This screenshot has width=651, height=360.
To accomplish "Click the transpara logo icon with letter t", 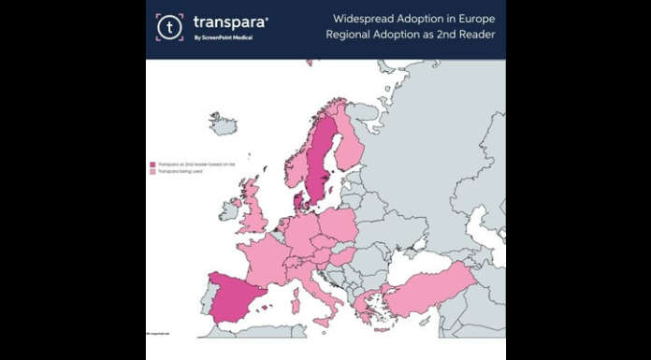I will click(169, 27).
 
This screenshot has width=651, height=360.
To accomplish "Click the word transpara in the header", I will click(228, 22).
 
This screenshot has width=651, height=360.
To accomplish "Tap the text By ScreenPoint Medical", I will click(223, 38).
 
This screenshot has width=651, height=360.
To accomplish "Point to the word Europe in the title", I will click(472, 19).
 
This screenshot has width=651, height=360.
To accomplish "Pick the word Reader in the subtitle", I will click(474, 36).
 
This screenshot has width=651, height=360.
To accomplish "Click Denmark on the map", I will click(298, 199).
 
